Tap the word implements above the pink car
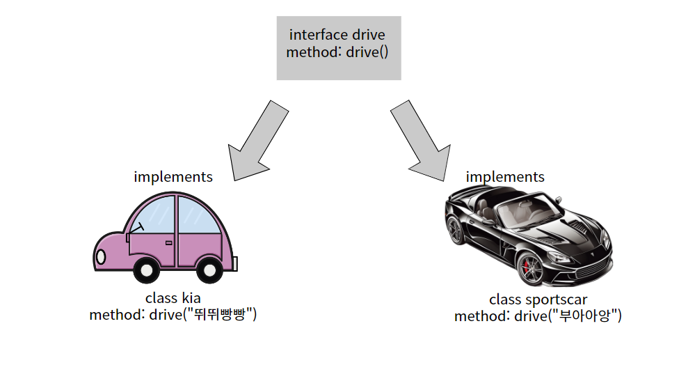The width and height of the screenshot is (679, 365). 173,177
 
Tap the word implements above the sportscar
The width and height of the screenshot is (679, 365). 505,177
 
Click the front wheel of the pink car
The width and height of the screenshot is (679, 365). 147,270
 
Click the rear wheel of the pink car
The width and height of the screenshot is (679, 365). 209,270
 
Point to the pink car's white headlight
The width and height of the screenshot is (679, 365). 101,257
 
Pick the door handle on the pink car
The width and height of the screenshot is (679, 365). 168,242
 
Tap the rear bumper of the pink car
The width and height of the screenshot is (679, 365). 235,264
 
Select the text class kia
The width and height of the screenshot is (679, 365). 173,298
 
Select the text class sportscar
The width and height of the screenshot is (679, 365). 538,300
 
